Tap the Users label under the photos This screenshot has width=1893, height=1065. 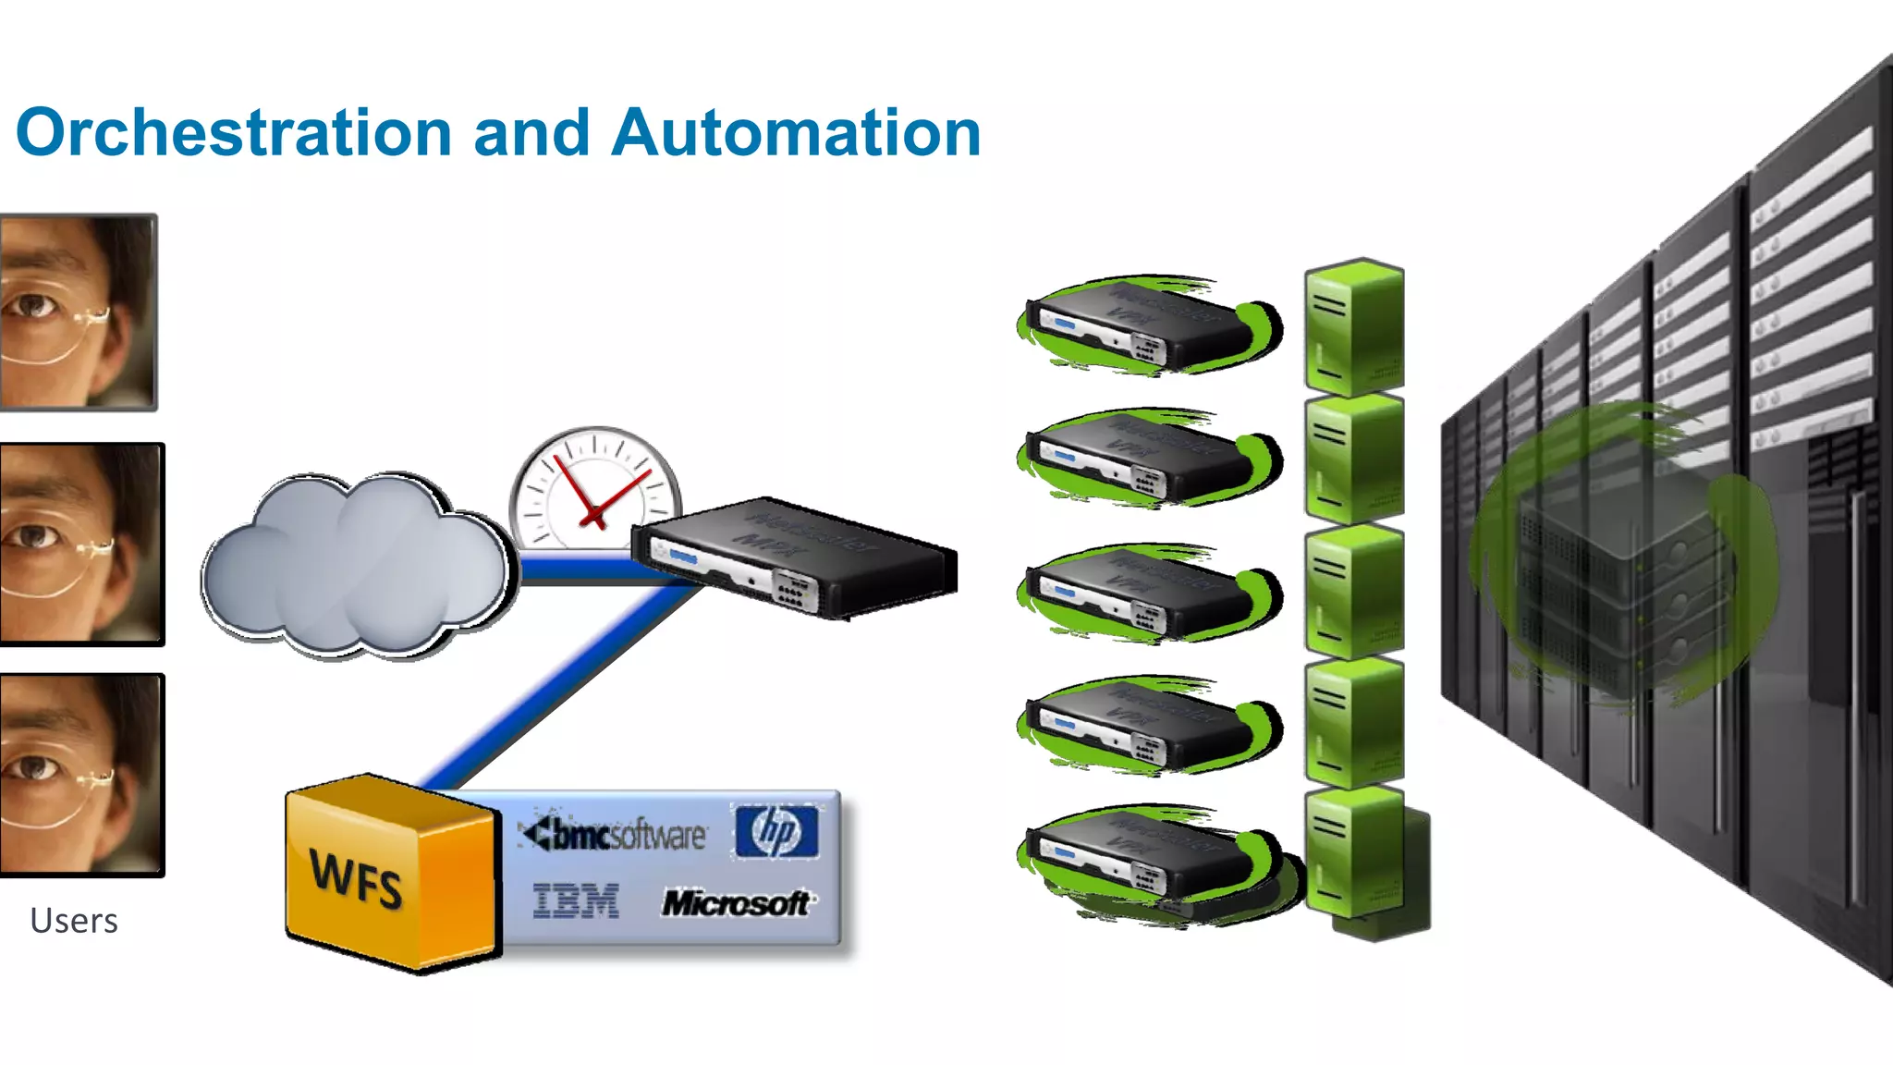[x=74, y=921]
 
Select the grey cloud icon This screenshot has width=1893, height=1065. [x=356, y=569]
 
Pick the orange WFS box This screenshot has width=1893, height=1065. [x=390, y=874]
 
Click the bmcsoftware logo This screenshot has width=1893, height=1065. [x=615, y=835]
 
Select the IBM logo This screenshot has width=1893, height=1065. [x=575, y=901]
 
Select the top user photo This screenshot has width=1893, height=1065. [x=79, y=312]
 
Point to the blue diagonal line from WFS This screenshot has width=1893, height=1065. [x=555, y=689]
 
